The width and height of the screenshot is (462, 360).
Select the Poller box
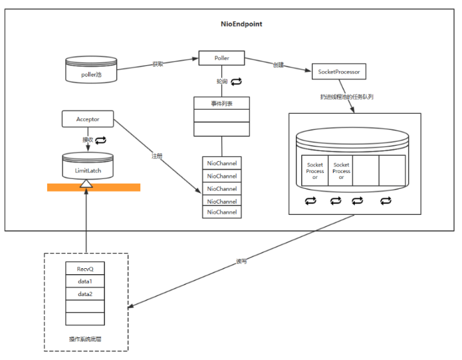(x=222, y=58)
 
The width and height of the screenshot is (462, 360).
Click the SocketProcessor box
(x=339, y=72)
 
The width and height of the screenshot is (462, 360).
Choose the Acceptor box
(x=88, y=119)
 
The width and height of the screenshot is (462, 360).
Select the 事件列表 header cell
(x=221, y=103)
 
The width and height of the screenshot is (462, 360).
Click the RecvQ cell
(x=84, y=269)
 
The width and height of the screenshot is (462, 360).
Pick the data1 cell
(x=84, y=281)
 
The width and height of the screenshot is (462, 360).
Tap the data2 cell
(x=84, y=293)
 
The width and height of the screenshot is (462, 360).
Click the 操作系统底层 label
(x=86, y=339)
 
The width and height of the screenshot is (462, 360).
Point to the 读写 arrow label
(x=241, y=262)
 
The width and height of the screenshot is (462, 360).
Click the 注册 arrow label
(x=157, y=156)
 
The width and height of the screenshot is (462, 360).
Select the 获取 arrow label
(x=158, y=65)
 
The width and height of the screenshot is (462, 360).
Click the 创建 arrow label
(x=278, y=65)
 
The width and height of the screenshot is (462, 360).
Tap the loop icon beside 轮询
(x=236, y=81)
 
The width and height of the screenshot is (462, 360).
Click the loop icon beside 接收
(x=101, y=140)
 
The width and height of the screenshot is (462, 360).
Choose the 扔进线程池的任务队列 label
(x=346, y=97)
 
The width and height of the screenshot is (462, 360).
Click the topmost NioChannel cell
(x=222, y=163)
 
